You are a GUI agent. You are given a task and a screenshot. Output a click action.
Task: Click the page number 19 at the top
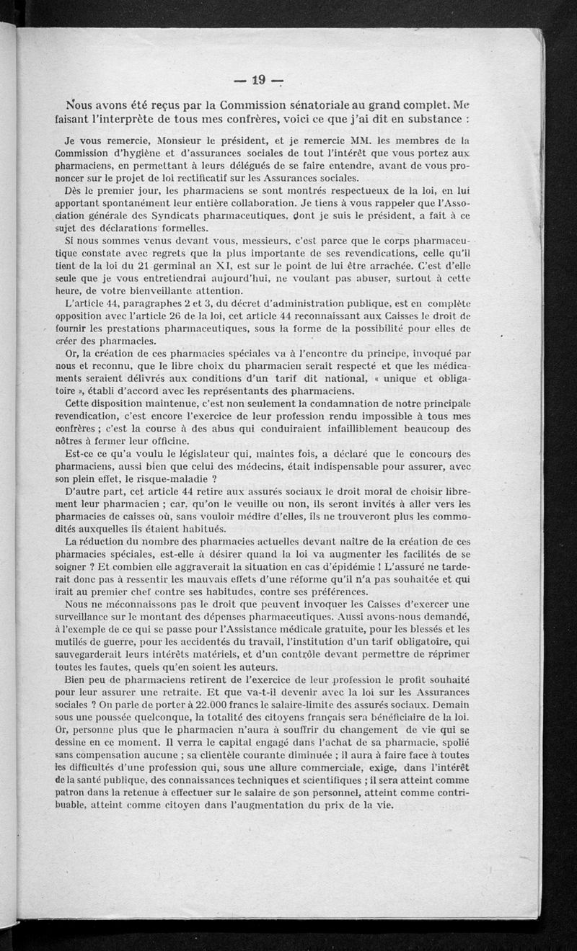(x=256, y=79)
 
